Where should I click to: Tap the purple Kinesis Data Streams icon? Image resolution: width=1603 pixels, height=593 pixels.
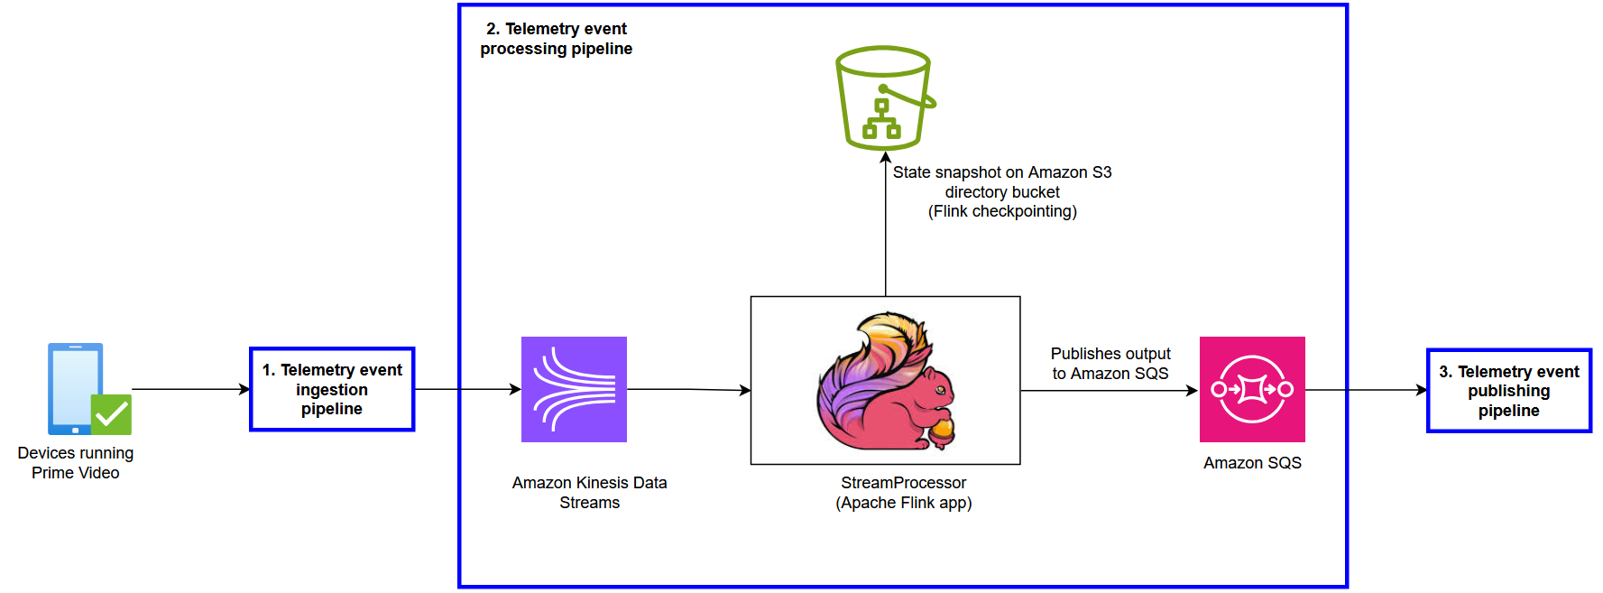pos(574,389)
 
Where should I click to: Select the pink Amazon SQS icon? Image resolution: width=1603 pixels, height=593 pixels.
pos(1252,389)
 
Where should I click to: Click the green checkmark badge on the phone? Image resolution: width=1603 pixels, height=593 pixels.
pos(112,414)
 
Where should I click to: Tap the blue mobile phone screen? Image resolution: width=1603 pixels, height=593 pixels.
pos(74,384)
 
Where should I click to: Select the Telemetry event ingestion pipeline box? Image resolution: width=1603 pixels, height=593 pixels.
pos(332,389)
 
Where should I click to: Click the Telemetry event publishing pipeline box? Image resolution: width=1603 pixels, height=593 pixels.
pos(1508,391)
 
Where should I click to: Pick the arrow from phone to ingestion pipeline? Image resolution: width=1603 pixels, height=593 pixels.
pos(189,389)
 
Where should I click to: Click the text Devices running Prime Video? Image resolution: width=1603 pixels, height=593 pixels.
pos(76,462)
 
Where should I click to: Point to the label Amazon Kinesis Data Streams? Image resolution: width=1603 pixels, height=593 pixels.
pos(589,492)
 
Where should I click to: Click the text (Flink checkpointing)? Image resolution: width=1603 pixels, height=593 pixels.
pos(1002,211)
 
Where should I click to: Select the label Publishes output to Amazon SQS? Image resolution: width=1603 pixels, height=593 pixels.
pos(1110,363)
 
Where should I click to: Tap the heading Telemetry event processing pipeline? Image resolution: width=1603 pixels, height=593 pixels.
pos(556,39)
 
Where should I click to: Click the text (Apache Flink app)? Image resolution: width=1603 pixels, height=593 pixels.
pos(903,503)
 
